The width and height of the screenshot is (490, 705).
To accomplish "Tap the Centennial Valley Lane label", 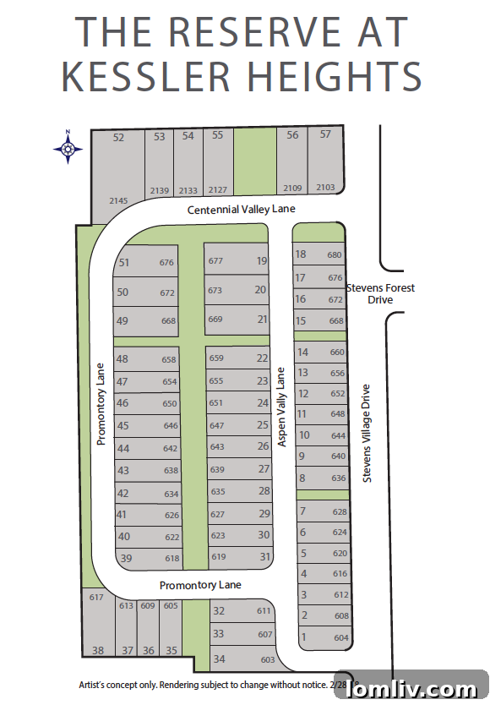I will point(242,209).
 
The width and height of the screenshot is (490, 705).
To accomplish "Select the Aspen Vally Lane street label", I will point(282,407).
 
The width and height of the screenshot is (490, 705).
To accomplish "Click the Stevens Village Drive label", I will point(367,434).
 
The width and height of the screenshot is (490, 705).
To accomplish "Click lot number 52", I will point(118,137).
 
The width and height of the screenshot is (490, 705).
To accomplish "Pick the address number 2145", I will point(118,200).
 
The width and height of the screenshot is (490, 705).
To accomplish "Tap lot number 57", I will point(325,134).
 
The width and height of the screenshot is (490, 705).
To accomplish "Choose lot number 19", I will point(262,261).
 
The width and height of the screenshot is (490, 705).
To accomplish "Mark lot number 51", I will point(124,262).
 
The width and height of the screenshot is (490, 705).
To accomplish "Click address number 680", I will point(335,254).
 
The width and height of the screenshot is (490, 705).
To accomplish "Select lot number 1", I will point(303,637).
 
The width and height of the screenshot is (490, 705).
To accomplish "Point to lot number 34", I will point(219,659).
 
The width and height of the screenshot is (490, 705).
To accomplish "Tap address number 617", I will point(95,598).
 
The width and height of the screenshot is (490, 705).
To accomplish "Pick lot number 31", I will point(264,556).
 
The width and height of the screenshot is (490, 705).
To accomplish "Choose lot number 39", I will point(127,558).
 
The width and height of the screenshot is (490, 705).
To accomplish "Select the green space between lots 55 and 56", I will point(255,161).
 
